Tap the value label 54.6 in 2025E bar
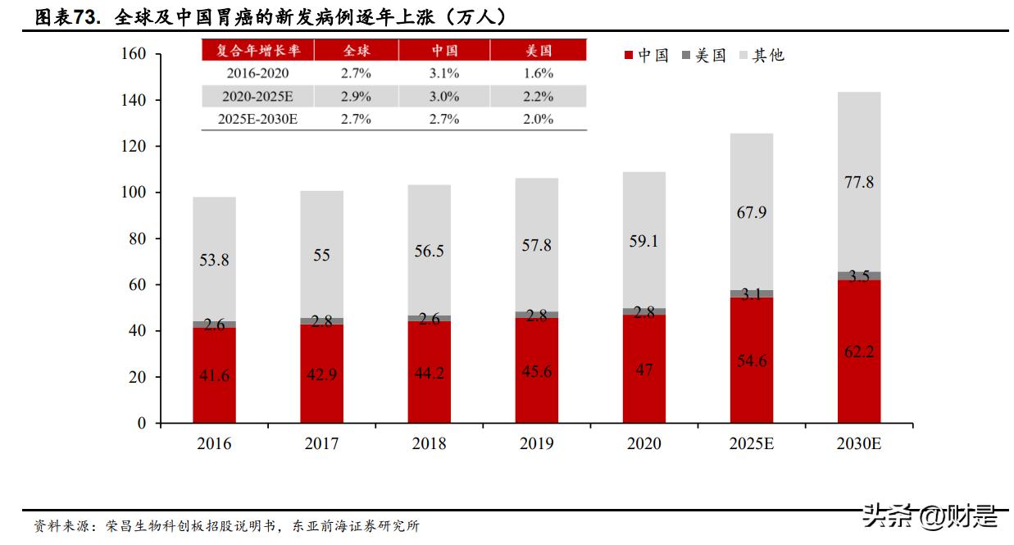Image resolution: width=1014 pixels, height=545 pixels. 751,361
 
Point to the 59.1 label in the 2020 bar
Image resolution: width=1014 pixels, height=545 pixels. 643,241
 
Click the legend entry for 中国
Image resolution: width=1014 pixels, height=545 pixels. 646,55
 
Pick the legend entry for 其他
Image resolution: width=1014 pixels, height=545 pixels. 762,55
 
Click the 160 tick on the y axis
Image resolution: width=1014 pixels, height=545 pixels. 134,54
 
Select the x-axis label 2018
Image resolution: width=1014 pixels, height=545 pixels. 429,444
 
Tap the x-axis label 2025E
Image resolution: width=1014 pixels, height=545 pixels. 751,444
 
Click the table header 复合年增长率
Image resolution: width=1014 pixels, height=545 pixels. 258,50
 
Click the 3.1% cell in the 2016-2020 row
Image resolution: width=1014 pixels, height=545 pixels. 444,73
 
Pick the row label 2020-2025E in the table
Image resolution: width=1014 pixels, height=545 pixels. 258,96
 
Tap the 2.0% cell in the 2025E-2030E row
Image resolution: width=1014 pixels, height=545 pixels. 539,119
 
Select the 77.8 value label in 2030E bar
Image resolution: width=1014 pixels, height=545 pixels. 858,182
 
